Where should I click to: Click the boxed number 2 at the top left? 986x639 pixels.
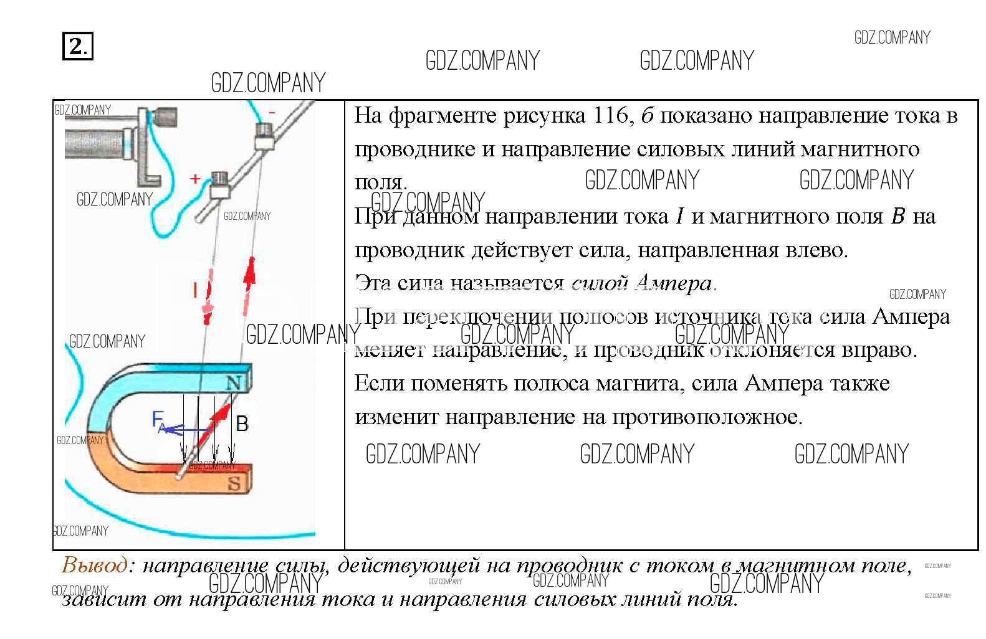77,46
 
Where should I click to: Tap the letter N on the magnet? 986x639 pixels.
234,383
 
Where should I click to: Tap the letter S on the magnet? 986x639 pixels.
234,483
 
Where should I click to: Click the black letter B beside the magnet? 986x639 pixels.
242,424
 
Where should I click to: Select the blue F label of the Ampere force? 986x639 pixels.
158,420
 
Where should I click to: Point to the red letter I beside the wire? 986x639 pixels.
195,290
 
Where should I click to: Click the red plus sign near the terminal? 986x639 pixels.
195,179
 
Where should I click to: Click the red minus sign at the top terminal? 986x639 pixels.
272,112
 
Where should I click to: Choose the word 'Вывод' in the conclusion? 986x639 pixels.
95,566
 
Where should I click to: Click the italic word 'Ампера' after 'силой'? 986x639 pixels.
673,283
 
